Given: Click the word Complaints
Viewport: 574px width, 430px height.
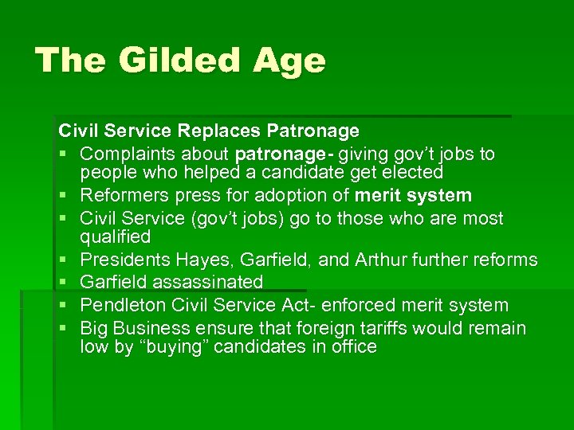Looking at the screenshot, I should pos(129,153).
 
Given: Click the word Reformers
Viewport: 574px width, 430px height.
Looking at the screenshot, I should pos(124,195).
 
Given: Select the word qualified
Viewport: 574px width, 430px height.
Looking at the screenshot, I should pos(116,237).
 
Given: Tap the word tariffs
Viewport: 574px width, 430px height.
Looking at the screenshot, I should pos(388,328).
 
